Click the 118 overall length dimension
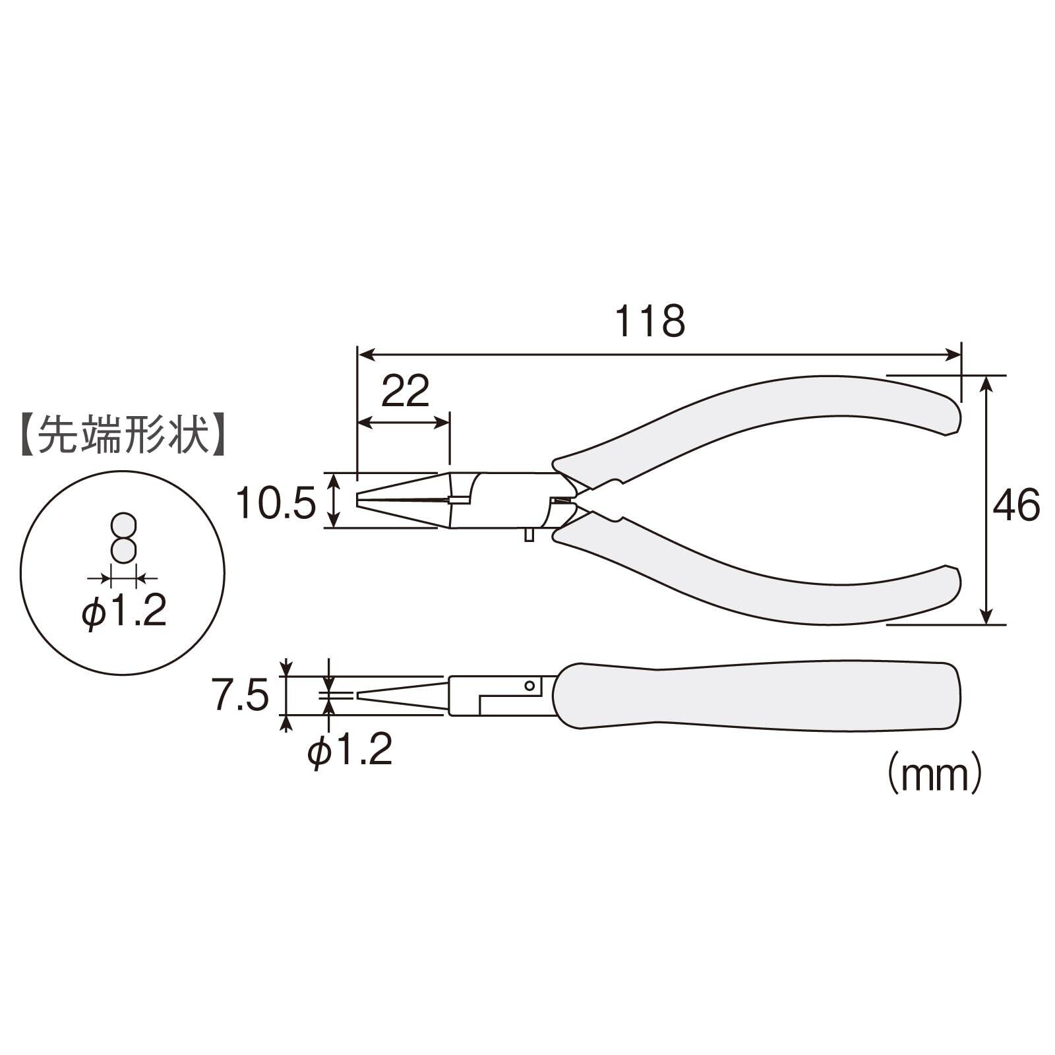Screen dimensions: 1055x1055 pos(650,322)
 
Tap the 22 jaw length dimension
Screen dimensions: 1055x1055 pos(406,391)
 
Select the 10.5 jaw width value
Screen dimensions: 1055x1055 pos(276,504)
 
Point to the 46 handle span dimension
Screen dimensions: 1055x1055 pos(1016,506)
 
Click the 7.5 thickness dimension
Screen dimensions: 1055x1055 pos(240,697)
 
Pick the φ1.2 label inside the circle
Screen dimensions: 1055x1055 pos(123,613)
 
